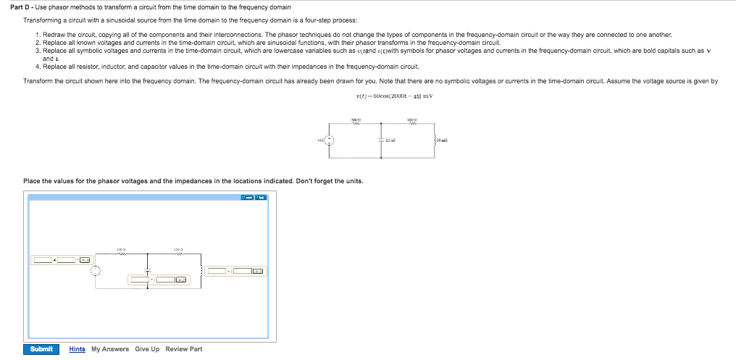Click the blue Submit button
(x=41, y=349)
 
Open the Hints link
(x=77, y=349)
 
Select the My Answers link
(x=110, y=349)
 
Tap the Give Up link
(x=147, y=349)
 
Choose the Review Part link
(x=184, y=349)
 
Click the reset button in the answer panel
(x=248, y=197)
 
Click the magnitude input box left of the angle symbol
(x=42, y=259)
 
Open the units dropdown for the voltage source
(x=85, y=259)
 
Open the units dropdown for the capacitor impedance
(x=181, y=280)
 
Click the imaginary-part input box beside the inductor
(x=242, y=271)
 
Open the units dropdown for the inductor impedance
(x=259, y=271)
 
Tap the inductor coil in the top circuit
(x=435, y=141)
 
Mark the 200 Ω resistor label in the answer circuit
(x=121, y=250)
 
